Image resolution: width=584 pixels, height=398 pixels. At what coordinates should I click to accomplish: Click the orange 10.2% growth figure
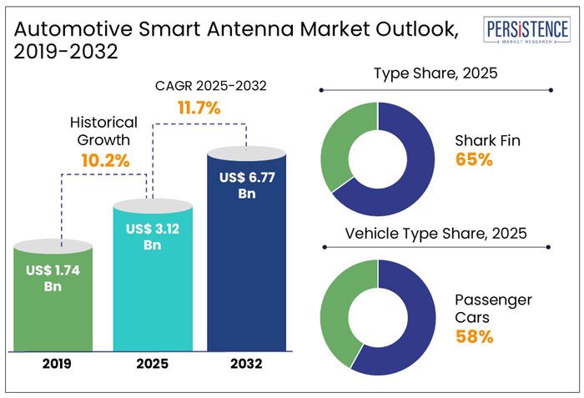pos(104,160)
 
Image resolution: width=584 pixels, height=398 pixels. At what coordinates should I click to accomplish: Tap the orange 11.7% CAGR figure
pos(198,108)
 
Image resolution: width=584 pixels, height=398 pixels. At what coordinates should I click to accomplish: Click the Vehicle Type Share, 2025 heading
pos(435,234)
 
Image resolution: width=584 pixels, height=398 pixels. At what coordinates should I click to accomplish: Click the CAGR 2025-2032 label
pos(198,85)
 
